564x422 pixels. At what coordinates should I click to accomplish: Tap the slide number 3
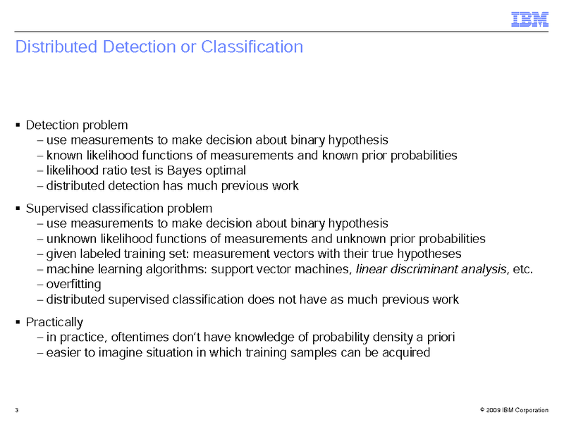(x=16, y=410)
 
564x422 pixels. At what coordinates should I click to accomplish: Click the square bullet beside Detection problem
(x=17, y=125)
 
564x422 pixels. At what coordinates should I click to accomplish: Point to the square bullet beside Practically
(x=17, y=322)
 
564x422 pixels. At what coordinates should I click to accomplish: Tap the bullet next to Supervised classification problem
(x=17, y=209)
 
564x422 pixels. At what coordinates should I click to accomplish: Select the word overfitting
(x=73, y=285)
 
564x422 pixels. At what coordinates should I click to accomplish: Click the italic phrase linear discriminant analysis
(x=431, y=269)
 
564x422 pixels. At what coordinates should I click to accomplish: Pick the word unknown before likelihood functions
(x=68, y=239)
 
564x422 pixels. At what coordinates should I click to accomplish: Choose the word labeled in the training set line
(x=100, y=254)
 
